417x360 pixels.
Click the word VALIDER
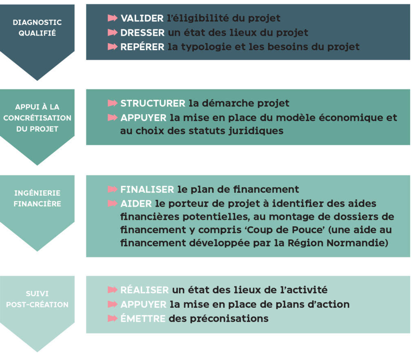(142, 18)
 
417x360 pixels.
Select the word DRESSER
(143, 33)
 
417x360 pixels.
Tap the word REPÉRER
(143, 46)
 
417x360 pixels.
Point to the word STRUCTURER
(153, 103)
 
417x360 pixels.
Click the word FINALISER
(147, 189)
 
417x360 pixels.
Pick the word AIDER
(136, 204)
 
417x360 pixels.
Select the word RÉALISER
(145, 290)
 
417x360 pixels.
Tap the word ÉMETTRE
(143, 318)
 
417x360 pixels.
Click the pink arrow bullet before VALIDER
(112, 18)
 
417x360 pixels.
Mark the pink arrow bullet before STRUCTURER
(112, 103)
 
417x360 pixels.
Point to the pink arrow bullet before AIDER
(112, 204)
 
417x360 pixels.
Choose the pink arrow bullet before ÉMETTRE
(112, 318)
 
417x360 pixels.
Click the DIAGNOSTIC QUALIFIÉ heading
(37, 27)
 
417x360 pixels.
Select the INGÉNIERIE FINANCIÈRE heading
(37, 198)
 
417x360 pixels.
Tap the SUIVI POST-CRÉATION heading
(37, 299)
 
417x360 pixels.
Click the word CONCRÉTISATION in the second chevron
(37, 118)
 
